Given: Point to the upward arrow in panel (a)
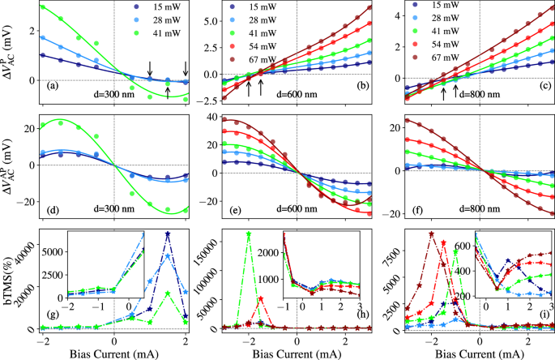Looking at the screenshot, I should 167,92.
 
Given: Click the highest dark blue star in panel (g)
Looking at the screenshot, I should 167,234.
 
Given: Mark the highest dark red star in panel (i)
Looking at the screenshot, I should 432,234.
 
